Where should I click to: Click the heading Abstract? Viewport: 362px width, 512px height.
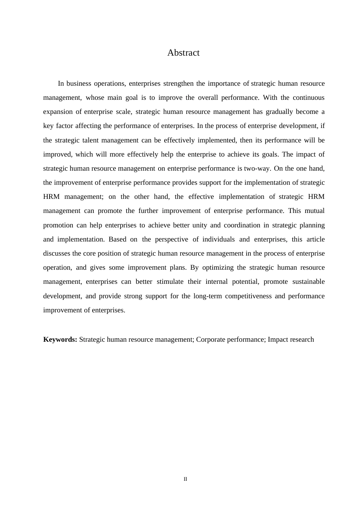[183, 53]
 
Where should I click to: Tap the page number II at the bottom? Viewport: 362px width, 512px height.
[185, 479]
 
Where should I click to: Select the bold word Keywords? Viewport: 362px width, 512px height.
[60, 339]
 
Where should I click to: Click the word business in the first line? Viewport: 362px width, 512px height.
[79, 83]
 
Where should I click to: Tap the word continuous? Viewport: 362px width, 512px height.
[308, 98]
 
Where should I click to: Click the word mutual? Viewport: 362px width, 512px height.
[314, 211]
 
